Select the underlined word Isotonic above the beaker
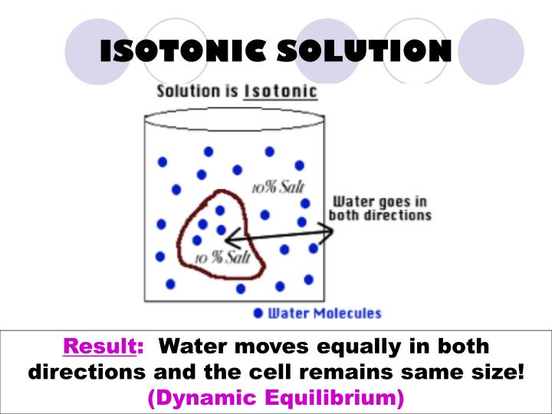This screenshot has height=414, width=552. click(x=280, y=91)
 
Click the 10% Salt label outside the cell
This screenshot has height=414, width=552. click(x=272, y=187)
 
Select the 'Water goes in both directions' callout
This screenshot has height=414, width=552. click(x=379, y=209)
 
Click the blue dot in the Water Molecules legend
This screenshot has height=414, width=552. click(x=258, y=313)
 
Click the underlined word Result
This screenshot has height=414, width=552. click(x=98, y=347)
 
